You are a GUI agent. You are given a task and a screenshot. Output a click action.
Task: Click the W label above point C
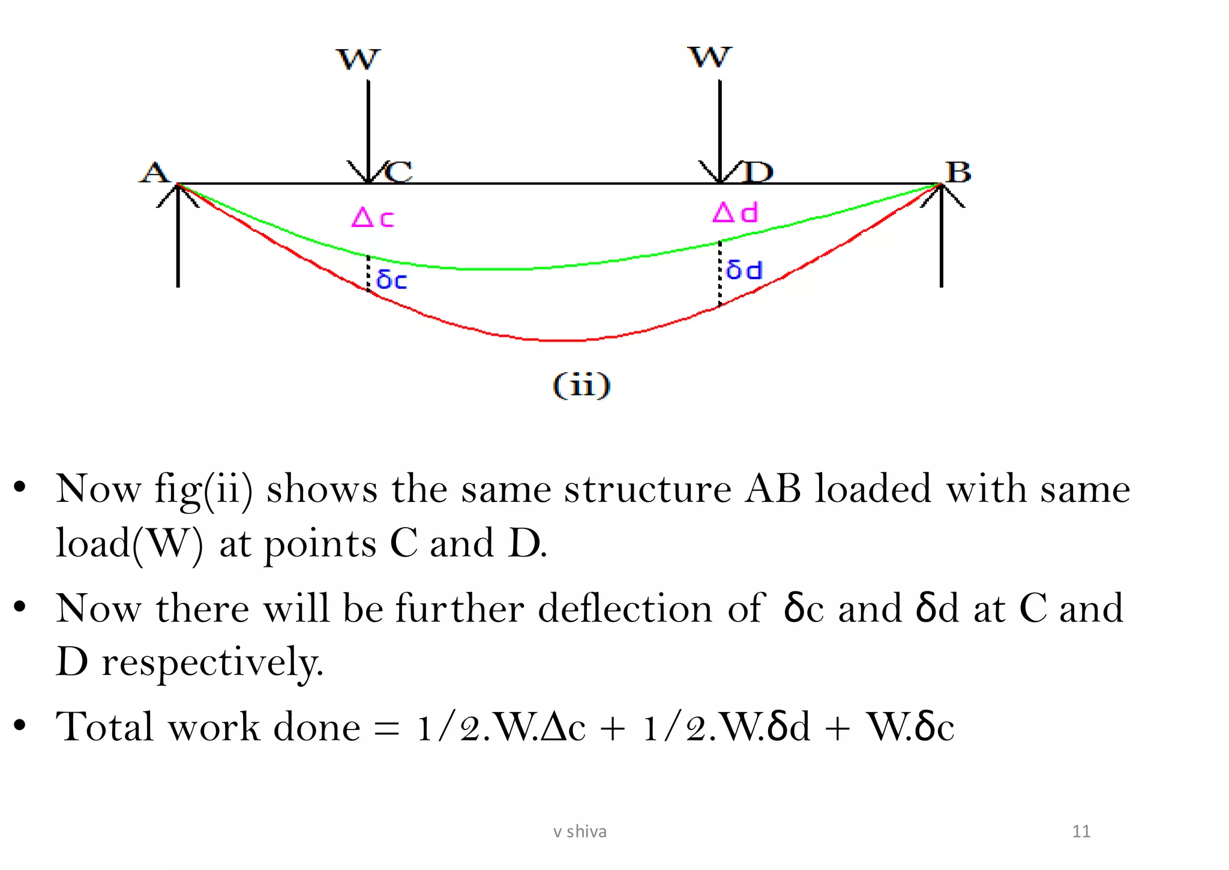pos(358,59)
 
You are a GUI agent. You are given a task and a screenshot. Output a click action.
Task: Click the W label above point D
pos(710,58)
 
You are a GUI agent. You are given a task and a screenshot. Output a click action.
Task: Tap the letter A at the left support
pos(155,173)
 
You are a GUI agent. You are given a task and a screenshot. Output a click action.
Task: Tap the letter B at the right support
pos(958,172)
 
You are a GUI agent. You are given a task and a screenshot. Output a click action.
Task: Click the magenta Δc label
pos(373,217)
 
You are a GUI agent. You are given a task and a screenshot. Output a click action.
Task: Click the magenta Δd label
pos(736,213)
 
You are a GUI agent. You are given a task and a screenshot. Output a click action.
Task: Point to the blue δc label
pos(392,280)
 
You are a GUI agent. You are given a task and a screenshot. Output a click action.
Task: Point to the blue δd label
pos(744,270)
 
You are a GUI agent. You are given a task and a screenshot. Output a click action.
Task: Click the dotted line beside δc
pos(368,274)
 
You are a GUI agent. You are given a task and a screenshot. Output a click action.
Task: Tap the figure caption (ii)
pos(581,385)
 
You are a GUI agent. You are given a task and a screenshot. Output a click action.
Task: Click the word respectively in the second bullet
pos(212,662)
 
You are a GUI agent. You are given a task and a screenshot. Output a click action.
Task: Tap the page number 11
pos(1081,832)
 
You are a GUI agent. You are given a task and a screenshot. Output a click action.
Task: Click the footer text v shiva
pos(580,832)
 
